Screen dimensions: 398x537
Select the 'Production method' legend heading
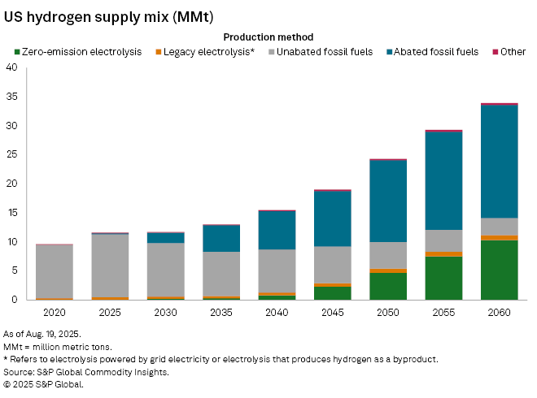tap(268, 37)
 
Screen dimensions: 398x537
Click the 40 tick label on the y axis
tap(11, 68)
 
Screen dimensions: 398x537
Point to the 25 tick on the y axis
tap(11, 155)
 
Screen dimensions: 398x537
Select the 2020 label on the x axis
tap(54, 312)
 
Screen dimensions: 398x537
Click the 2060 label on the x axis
tap(499, 312)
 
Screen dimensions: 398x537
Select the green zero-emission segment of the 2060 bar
tap(499, 270)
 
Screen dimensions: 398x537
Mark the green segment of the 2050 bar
tap(389, 286)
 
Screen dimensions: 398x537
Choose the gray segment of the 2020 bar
tap(54, 271)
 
